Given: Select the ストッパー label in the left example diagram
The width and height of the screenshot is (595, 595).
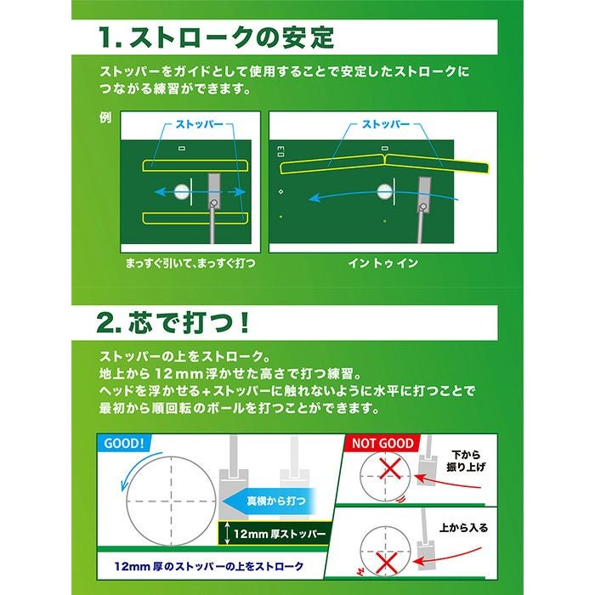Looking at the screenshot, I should click(x=199, y=124).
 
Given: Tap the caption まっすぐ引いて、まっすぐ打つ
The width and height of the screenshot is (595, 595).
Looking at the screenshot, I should click(x=190, y=263).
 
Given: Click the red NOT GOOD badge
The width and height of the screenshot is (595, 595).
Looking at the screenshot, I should click(x=382, y=444).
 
